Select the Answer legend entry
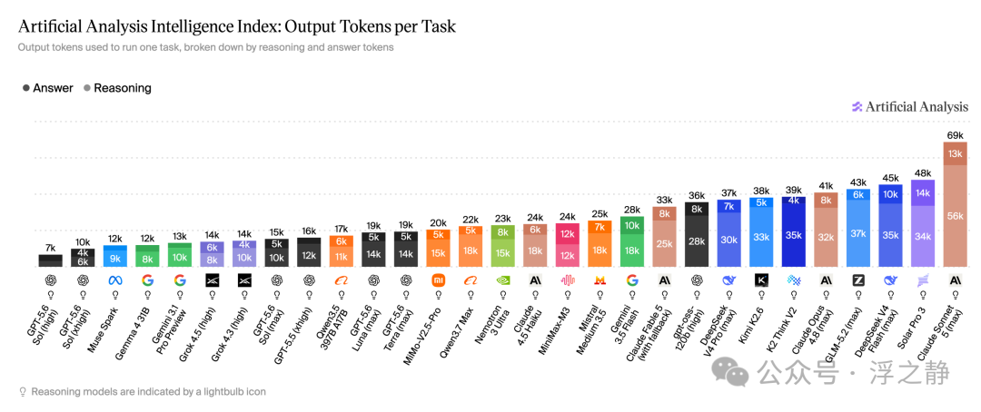pos(47,88)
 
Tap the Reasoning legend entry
pos(117,88)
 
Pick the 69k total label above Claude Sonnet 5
pos(956,135)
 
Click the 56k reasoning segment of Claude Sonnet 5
pos(956,216)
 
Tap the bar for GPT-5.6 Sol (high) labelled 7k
pos(51,260)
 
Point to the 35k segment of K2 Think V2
pos(793,236)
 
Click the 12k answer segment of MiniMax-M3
pos(568,234)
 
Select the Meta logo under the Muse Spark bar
pos(115,280)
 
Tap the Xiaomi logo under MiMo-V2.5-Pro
pos(439,280)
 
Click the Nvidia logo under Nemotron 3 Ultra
pos(503,280)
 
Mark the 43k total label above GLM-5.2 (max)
pos(857,183)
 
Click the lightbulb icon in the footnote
pos(23,392)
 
